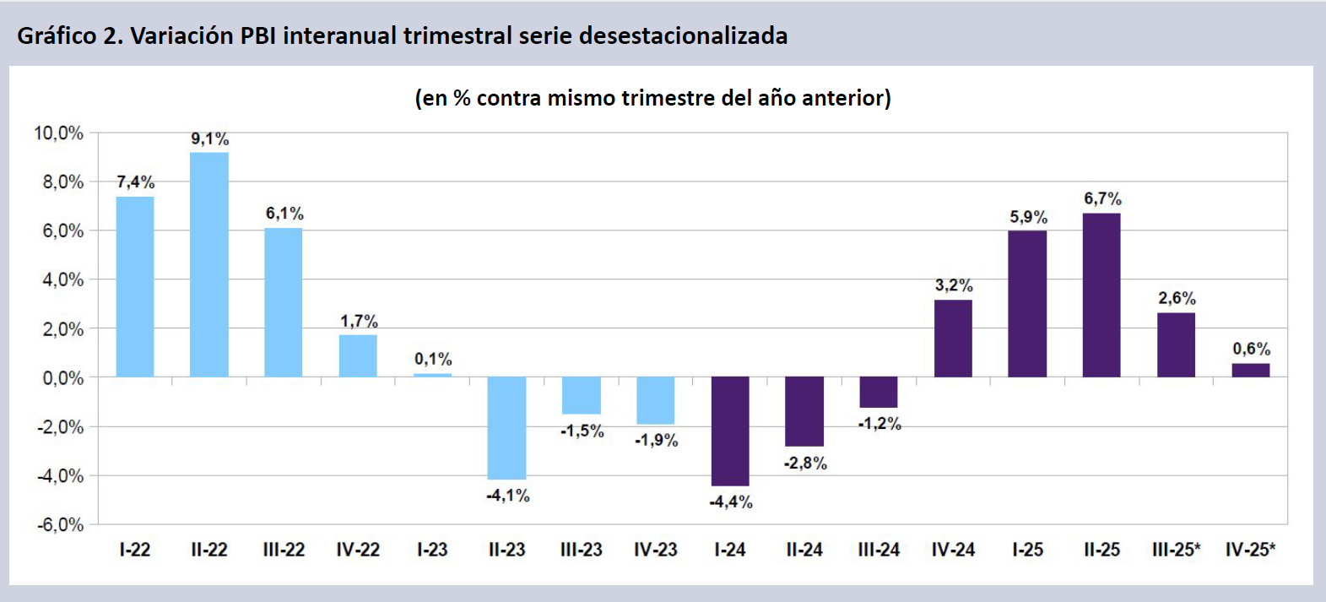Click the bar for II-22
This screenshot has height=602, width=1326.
(209, 264)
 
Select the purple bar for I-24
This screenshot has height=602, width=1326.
(730, 431)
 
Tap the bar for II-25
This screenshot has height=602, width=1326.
(1101, 295)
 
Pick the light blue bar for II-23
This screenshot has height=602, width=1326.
(506, 427)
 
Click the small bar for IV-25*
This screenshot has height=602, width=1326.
(1250, 370)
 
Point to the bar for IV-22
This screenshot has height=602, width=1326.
(358, 355)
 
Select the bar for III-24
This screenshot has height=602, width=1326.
(879, 392)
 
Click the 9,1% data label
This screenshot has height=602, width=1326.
(209, 138)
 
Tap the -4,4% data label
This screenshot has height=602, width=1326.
(731, 502)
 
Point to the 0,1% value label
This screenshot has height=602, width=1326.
(433, 359)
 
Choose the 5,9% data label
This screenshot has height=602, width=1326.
(1028, 217)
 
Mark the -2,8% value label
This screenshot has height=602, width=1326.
(805, 463)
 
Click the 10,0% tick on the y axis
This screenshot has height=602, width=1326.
(59, 133)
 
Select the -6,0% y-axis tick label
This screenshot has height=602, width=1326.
(60, 524)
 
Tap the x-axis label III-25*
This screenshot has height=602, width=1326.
(1176, 550)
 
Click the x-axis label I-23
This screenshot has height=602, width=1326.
(432, 550)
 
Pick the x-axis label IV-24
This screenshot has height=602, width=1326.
(953, 550)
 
